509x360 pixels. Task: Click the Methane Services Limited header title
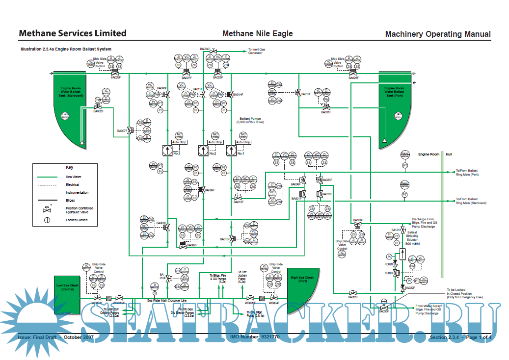[72, 33]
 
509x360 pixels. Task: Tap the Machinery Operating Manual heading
[437, 34]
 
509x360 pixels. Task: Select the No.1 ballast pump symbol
[240, 151]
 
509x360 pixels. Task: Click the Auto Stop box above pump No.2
[215, 142]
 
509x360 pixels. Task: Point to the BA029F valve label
[116, 77]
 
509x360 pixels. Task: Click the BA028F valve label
[353, 77]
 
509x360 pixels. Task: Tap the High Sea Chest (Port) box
[302, 280]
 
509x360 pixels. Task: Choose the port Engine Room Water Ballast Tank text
[394, 91]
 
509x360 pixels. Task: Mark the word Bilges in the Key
[70, 201]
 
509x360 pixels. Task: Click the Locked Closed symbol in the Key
[47, 220]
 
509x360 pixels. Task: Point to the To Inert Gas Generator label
[256, 51]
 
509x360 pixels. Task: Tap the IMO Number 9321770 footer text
[255, 337]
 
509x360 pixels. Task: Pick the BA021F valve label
[353, 297]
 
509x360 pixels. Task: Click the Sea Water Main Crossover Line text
[167, 300]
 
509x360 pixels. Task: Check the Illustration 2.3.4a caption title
[66, 49]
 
